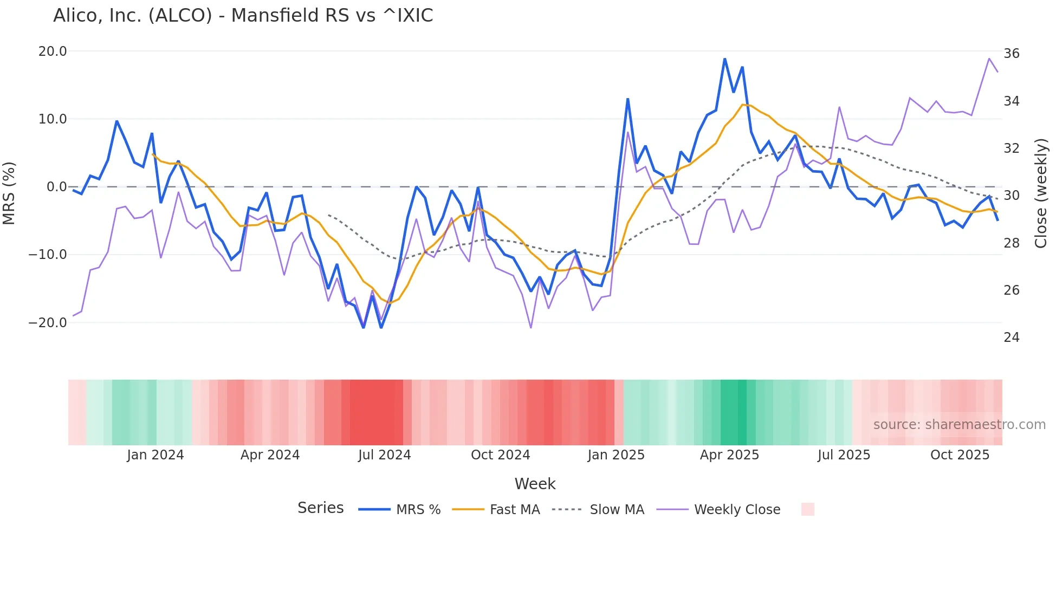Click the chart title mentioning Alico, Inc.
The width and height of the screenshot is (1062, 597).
pos(243,16)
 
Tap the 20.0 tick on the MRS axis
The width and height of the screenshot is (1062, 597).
pos(53,51)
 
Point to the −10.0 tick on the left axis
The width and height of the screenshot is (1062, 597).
pos(48,255)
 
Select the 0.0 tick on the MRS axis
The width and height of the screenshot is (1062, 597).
pos(56,187)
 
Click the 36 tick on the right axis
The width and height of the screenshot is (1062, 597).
pos(1011,54)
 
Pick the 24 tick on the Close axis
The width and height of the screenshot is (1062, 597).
pos(1011,338)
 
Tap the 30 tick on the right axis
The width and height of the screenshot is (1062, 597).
pos(1011,196)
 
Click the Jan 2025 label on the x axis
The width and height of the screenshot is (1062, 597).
pos(616,455)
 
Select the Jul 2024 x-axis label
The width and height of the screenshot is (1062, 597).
pos(384,455)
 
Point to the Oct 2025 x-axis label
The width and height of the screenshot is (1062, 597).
pos(960,455)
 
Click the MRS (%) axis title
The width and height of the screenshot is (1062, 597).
pos(9,193)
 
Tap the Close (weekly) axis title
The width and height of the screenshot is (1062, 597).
pos(1040,193)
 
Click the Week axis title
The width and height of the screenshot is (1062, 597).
pos(535,484)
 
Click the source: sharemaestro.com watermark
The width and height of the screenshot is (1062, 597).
pos(959,425)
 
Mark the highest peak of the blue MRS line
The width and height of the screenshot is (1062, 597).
pos(724,59)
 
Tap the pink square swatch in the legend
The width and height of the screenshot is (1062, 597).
pos(807,509)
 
